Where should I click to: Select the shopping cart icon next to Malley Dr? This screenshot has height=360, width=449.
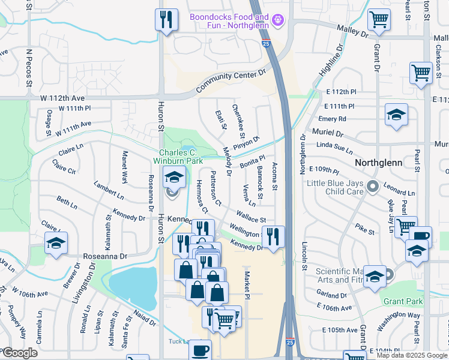[379, 20]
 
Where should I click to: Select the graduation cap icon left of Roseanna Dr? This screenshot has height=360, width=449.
[56, 243]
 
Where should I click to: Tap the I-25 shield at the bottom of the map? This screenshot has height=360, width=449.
[291, 342]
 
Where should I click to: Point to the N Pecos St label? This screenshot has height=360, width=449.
[28, 67]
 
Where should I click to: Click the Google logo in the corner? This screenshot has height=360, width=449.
[19, 353]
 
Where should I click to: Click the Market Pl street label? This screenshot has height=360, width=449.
[246, 282]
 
